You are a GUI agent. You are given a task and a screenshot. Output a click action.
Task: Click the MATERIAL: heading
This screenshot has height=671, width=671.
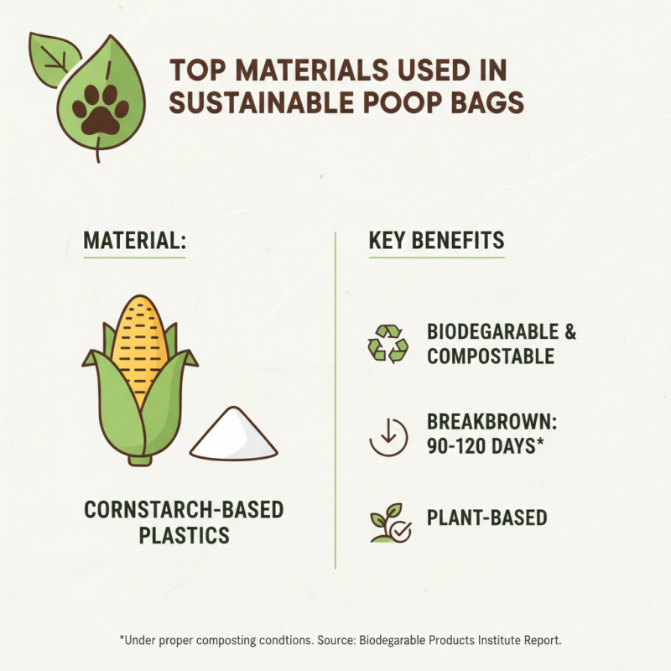(133, 241)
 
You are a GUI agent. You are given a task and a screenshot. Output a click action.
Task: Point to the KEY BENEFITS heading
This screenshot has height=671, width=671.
(436, 241)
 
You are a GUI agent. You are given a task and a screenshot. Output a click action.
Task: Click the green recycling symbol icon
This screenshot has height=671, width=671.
(388, 344)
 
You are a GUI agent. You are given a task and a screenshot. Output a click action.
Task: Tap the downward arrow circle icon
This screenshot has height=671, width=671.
(388, 435)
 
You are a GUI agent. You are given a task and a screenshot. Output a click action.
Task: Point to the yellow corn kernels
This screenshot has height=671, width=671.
(139, 344)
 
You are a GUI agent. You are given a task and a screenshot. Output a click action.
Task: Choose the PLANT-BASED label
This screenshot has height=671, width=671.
(486, 518)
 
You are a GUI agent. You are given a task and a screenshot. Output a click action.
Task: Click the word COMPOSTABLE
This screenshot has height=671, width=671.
(491, 356)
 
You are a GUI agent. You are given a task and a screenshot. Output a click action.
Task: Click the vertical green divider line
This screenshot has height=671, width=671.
(335, 403)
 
